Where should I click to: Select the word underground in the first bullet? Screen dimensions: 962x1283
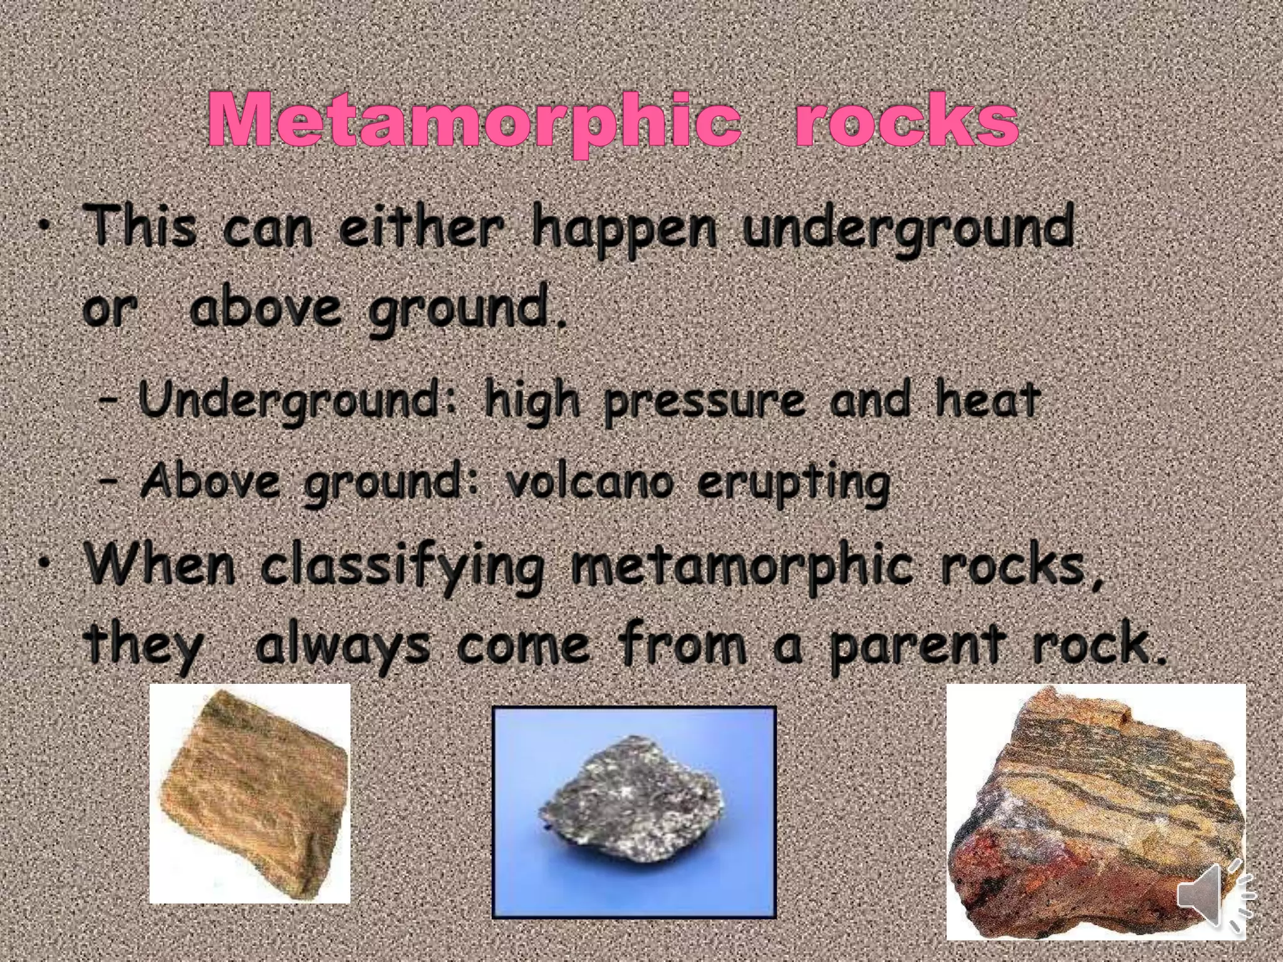pyautogui.click(x=908, y=230)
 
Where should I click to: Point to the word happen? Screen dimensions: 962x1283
pyautogui.click(x=623, y=230)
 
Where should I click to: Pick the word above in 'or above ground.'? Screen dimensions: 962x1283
pyautogui.click(x=266, y=307)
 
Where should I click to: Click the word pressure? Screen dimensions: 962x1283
pyautogui.click(x=705, y=401)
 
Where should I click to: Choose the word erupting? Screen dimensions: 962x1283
pyautogui.click(x=793, y=484)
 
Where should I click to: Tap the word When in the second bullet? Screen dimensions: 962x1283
pyautogui.click(x=161, y=564)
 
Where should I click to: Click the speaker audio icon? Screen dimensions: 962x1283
pyautogui.click(x=1215, y=895)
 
